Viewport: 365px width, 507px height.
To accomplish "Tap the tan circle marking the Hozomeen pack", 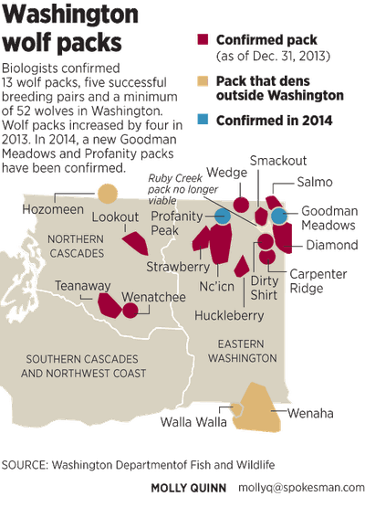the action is pos(109,194).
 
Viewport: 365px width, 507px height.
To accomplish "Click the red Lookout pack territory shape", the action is pos(136,243).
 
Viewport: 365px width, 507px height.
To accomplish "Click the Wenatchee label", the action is pos(148,298).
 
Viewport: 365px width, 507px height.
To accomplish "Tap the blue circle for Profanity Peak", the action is pos(222,217).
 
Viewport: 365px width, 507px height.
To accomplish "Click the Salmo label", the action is pos(309,184).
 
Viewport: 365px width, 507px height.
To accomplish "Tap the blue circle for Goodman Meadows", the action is pos(279,216).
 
